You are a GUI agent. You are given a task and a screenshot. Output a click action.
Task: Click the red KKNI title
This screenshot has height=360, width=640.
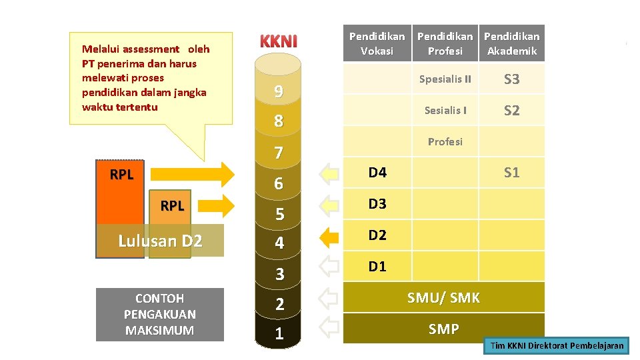click(278, 41)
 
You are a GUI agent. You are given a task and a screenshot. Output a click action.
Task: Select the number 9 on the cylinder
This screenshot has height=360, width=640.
click(279, 92)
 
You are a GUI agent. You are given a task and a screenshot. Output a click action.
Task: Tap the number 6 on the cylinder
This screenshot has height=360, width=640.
click(279, 184)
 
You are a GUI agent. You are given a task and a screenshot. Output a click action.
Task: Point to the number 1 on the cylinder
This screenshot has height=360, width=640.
click(279, 334)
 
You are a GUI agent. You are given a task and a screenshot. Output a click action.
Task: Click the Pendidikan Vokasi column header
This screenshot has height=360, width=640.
click(377, 43)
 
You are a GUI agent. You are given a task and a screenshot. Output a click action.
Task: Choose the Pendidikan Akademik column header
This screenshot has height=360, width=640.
click(511, 43)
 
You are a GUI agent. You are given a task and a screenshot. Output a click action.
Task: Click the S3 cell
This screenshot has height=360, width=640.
click(511, 79)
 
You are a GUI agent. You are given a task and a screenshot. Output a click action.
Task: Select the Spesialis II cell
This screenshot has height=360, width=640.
click(445, 79)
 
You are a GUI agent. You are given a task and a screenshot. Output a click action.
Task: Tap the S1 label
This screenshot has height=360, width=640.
click(511, 173)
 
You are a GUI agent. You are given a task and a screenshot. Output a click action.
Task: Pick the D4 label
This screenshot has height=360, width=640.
click(377, 173)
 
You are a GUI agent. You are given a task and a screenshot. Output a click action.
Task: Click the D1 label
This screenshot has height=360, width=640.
click(377, 267)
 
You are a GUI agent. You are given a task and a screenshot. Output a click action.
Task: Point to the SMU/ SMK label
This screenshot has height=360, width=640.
click(443, 298)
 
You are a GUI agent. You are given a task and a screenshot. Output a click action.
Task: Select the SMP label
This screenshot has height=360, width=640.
click(443, 329)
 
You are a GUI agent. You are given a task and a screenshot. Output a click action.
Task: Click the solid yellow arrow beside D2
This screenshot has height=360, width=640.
click(329, 236)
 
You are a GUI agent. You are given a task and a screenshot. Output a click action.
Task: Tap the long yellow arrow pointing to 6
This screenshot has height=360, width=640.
click(193, 174)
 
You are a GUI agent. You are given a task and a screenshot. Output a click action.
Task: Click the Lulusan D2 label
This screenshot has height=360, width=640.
click(160, 241)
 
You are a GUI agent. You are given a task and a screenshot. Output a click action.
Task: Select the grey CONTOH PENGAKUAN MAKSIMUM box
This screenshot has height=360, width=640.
click(159, 315)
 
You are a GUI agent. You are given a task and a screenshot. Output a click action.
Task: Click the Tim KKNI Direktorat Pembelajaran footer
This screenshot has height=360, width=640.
click(557, 345)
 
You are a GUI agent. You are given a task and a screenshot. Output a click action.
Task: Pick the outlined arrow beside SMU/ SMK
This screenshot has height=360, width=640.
click(329, 298)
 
